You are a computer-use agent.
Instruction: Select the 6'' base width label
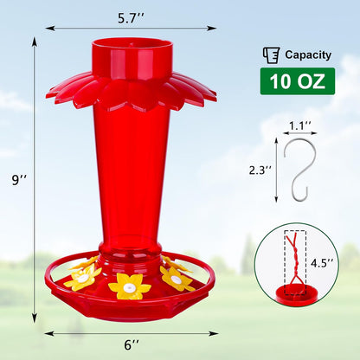132,344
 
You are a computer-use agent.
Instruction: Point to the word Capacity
309,55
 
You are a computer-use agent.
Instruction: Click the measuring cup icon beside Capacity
271,55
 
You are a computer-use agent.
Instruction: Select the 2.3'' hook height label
259,170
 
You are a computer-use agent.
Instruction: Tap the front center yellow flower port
130,285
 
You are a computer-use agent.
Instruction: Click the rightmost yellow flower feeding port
177,277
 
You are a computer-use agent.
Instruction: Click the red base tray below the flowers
130,306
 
